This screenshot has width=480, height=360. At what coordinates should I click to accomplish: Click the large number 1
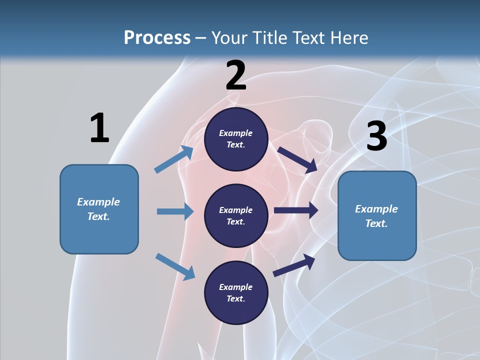99,128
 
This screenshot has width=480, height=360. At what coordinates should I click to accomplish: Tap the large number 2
236,75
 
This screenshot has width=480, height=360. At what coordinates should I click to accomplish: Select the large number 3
376,136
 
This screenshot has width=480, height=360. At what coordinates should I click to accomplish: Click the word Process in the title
157,37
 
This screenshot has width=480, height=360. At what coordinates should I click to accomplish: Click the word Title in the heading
270,37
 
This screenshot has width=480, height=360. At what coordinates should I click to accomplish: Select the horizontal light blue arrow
175,211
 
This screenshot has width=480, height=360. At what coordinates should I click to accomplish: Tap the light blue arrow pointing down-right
175,266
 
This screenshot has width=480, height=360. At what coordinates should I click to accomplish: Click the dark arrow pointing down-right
297,159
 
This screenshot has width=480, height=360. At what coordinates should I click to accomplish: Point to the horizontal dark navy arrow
295,210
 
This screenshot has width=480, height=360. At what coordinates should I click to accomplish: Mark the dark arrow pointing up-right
294,264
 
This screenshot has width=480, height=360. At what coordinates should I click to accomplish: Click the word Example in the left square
98,202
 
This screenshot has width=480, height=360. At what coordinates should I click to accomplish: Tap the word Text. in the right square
376,223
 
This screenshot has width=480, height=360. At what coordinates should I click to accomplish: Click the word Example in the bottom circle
236,287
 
